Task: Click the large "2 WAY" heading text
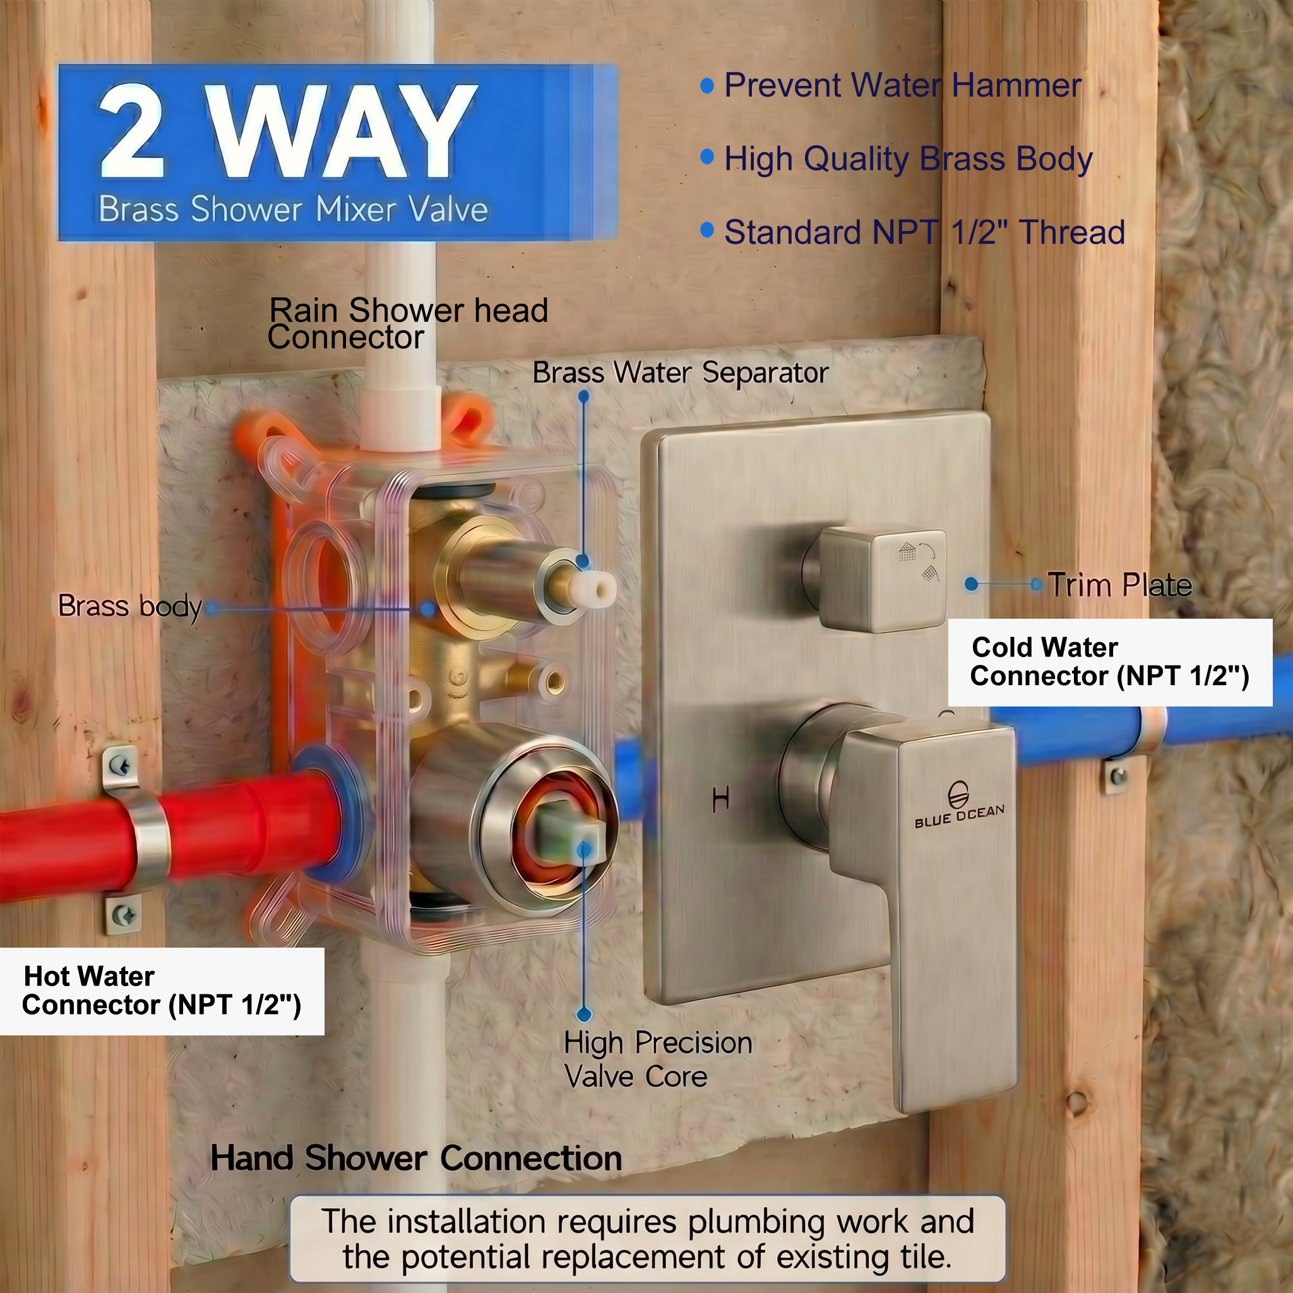pyautogui.click(x=288, y=131)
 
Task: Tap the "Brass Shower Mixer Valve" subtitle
pyautogui.click(x=293, y=210)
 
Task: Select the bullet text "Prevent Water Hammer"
pyautogui.click(x=902, y=86)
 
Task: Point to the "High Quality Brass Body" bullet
pyautogui.click(x=908, y=160)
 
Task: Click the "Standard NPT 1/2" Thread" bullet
pyautogui.click(x=924, y=232)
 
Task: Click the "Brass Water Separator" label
pyautogui.click(x=680, y=372)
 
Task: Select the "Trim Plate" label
pyautogui.click(x=1119, y=585)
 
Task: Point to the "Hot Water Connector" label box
pyautogui.click(x=162, y=991)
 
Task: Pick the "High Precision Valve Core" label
pyautogui.click(x=658, y=1059)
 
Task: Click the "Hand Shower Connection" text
pyautogui.click(x=416, y=1158)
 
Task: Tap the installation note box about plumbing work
pyautogui.click(x=647, y=1239)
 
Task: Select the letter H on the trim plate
pyautogui.click(x=721, y=799)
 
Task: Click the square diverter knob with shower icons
pyautogui.click(x=882, y=580)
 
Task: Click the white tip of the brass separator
pyautogui.click(x=599, y=589)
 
